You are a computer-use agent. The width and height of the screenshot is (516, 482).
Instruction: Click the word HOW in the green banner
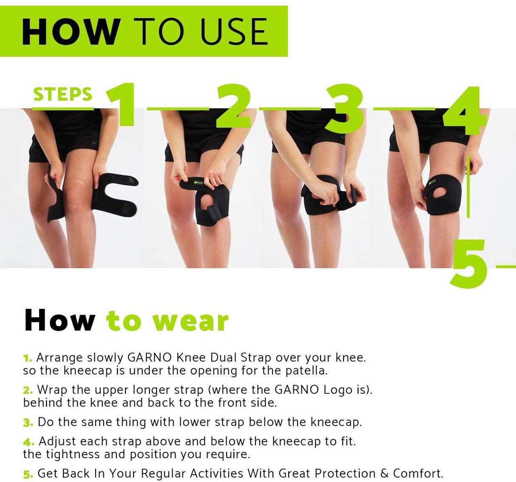(70, 31)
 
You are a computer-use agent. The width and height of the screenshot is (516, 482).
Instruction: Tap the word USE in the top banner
(234, 31)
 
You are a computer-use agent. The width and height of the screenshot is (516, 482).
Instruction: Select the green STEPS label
(62, 94)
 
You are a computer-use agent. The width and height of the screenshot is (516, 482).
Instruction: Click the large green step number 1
(122, 105)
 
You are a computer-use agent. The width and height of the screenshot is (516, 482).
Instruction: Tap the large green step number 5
(469, 264)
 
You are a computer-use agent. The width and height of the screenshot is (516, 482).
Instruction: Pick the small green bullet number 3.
(28, 423)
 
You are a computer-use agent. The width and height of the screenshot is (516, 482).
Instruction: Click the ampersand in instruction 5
(384, 474)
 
